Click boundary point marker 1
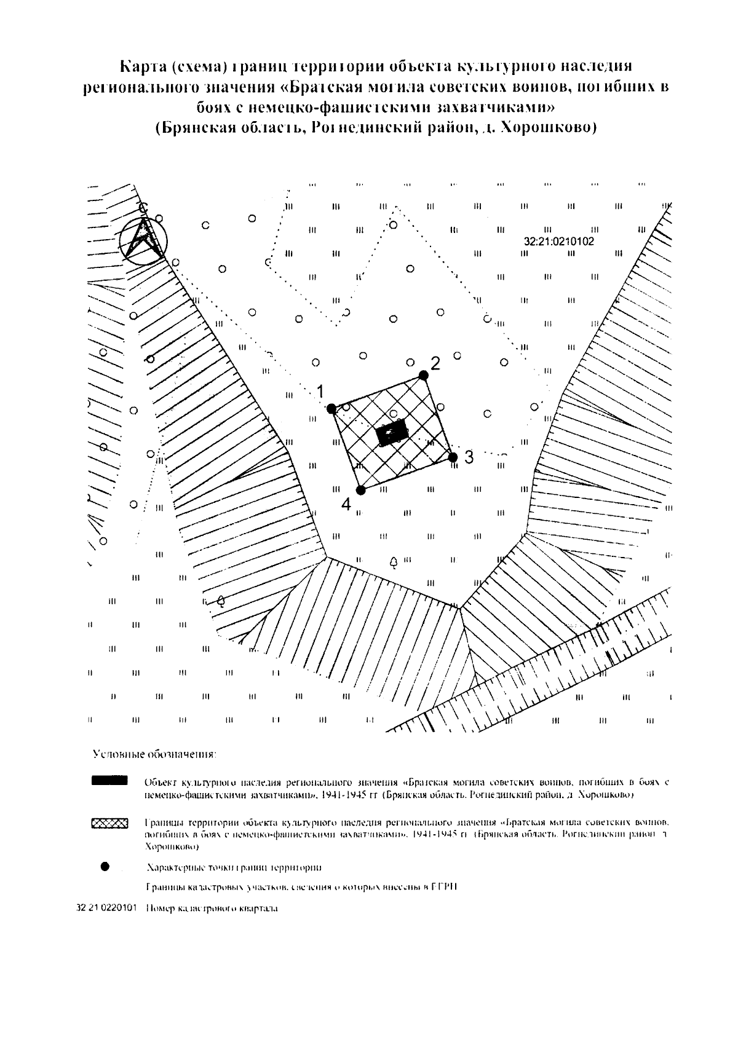click(x=331, y=408)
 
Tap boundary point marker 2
click(x=423, y=375)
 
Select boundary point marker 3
click(x=453, y=457)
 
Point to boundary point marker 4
click(x=361, y=490)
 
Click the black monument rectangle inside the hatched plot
click(x=392, y=433)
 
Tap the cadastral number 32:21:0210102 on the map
click(x=559, y=242)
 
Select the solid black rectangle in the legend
click(x=109, y=781)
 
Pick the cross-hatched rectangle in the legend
click(x=109, y=823)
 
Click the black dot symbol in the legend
click(x=105, y=866)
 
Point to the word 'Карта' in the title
click(x=141, y=66)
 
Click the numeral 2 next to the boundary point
click(x=435, y=363)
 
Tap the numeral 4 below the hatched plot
click(x=346, y=505)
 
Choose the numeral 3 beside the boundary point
click(x=469, y=457)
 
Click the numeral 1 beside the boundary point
click(x=320, y=391)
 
